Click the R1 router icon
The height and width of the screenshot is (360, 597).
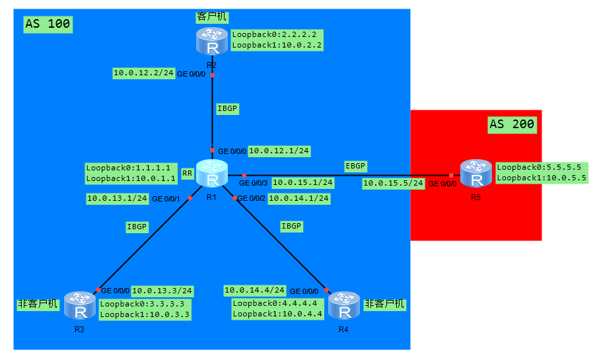[212, 174]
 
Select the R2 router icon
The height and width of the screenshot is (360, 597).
[211, 42]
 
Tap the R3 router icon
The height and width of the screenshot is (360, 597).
[79, 306]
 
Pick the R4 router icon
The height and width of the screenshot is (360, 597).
[343, 306]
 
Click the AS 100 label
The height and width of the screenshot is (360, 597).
[48, 24]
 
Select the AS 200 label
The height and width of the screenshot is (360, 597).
[512, 124]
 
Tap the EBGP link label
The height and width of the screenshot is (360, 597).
[355, 166]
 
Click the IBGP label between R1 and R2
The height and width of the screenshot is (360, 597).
[227, 108]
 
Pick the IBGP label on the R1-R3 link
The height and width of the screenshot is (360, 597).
[137, 226]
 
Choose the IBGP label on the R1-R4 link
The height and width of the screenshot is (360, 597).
[291, 226]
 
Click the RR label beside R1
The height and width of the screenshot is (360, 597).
[188, 173]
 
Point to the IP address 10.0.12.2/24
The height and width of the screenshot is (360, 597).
[143, 73]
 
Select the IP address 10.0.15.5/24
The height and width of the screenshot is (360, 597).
[393, 183]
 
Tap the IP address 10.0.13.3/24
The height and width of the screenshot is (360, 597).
[162, 290]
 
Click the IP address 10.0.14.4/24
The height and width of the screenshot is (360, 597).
[254, 290]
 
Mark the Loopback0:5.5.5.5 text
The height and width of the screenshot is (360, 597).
[538, 167]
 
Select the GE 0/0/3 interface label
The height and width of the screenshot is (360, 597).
[254, 183]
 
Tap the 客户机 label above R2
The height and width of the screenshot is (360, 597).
[211, 15]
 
